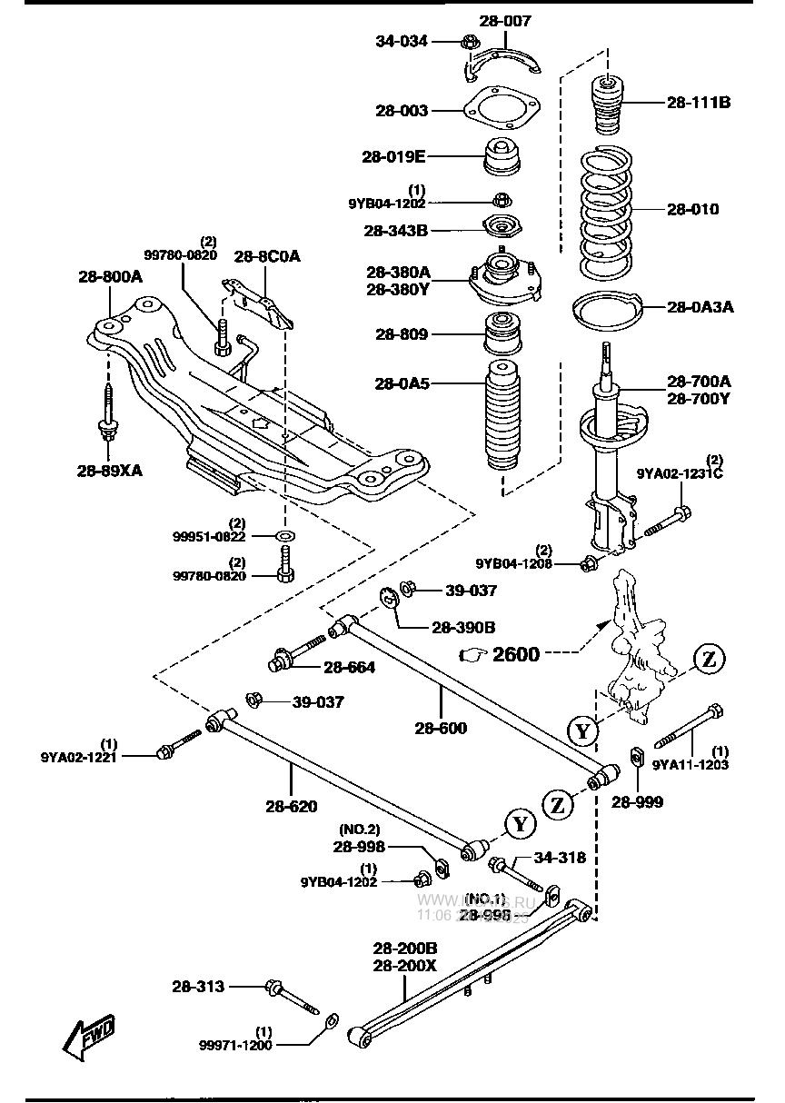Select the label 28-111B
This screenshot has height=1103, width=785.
(x=698, y=103)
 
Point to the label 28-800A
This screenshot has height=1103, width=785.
(x=109, y=276)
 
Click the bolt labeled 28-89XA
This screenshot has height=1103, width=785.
(x=107, y=413)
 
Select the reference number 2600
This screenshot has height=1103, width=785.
(x=515, y=654)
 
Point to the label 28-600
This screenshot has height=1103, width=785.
(x=441, y=728)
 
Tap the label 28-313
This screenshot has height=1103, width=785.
(x=198, y=986)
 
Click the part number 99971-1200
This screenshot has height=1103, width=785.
(x=235, y=1046)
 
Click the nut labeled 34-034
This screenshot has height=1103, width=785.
(x=470, y=41)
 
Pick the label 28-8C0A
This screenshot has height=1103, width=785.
(x=267, y=256)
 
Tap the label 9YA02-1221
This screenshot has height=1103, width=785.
(x=79, y=755)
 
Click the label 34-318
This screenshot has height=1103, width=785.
(x=559, y=857)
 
